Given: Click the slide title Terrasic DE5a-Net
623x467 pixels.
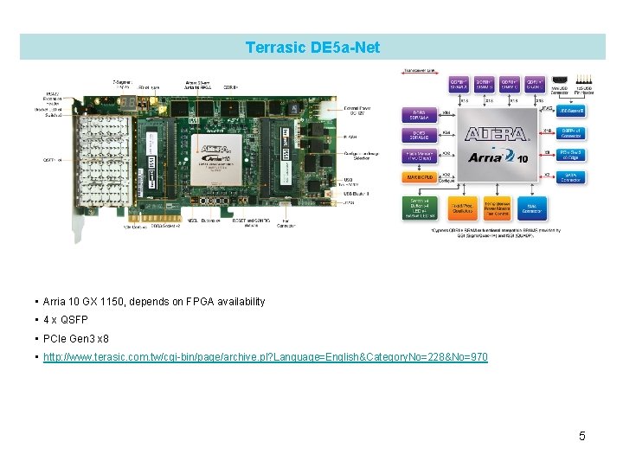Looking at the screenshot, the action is pos(312,47).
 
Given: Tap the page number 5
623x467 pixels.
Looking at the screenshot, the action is pos(582,436).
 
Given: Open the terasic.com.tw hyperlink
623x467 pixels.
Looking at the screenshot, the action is pos(265,356).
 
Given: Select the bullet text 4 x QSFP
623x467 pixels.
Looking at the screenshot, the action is pos(68,320).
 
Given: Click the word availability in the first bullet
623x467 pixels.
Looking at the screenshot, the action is pos(238,302).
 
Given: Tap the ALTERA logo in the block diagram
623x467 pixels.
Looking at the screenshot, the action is pos(496,135).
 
